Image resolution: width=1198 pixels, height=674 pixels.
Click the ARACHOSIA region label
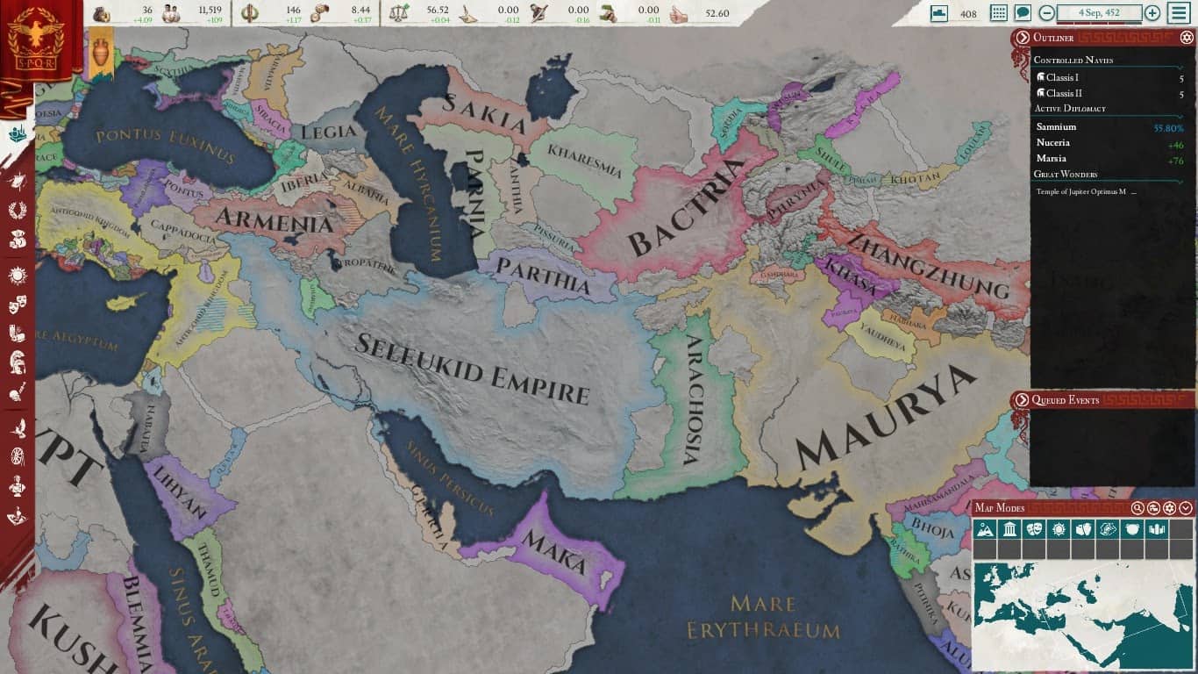(x=693, y=399)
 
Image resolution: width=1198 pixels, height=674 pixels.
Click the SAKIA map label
(x=485, y=115)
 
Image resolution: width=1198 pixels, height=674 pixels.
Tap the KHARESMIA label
(x=584, y=160)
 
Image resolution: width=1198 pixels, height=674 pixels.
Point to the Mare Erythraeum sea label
(x=763, y=617)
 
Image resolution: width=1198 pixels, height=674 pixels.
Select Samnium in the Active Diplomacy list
(x=1056, y=127)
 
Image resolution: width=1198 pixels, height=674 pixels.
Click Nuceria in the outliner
(x=1052, y=143)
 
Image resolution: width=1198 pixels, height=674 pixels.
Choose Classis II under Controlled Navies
(x=1064, y=94)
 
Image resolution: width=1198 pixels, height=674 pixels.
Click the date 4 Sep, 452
(x=1099, y=13)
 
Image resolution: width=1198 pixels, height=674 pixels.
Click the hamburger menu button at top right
(x=1179, y=13)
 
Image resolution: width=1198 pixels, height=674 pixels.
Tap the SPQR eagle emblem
(x=36, y=37)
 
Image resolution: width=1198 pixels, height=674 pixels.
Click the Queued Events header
(x=1065, y=400)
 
